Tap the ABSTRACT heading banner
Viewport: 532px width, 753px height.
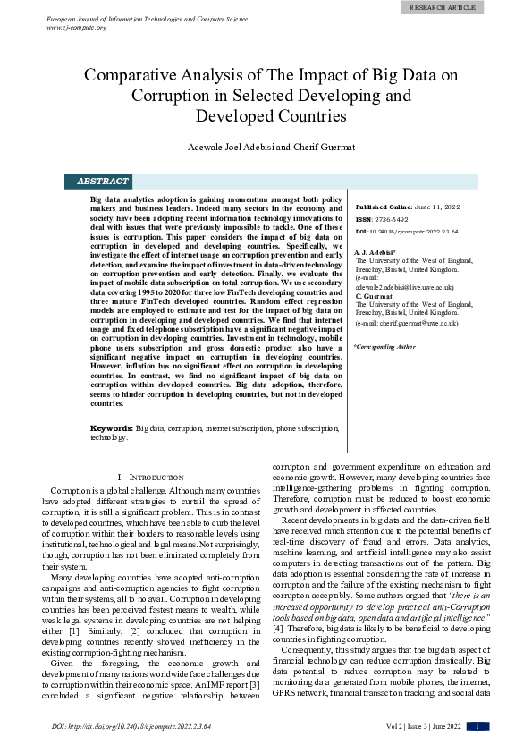point(102,182)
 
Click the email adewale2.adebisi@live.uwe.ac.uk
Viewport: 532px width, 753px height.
point(404,288)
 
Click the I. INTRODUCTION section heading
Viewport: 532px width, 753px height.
point(151,478)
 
